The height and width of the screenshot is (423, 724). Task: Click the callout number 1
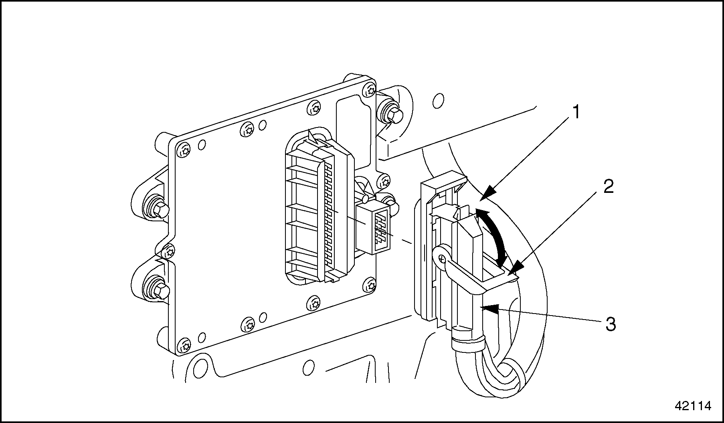point(575,112)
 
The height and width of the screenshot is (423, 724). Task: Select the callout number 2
point(608,187)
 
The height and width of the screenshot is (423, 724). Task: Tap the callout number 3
point(610,324)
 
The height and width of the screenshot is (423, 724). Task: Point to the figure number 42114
point(693,406)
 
